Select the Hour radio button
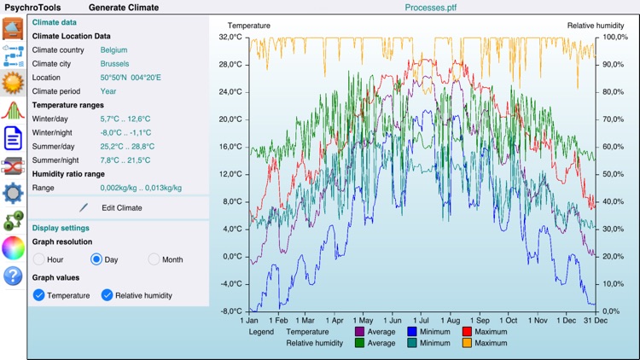coord(39,259)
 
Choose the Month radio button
coord(154,259)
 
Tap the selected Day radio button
coord(96,259)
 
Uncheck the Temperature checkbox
coord(39,295)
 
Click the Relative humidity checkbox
coord(108,295)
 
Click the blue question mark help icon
coord(13,276)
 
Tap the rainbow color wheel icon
coord(13,248)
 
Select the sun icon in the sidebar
coord(13,83)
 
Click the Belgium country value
coord(114,50)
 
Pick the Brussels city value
coord(114,64)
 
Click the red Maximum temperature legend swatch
coord(467,332)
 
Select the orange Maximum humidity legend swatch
coord(467,343)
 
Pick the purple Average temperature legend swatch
coord(359,332)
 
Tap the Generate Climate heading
coord(124,7)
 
